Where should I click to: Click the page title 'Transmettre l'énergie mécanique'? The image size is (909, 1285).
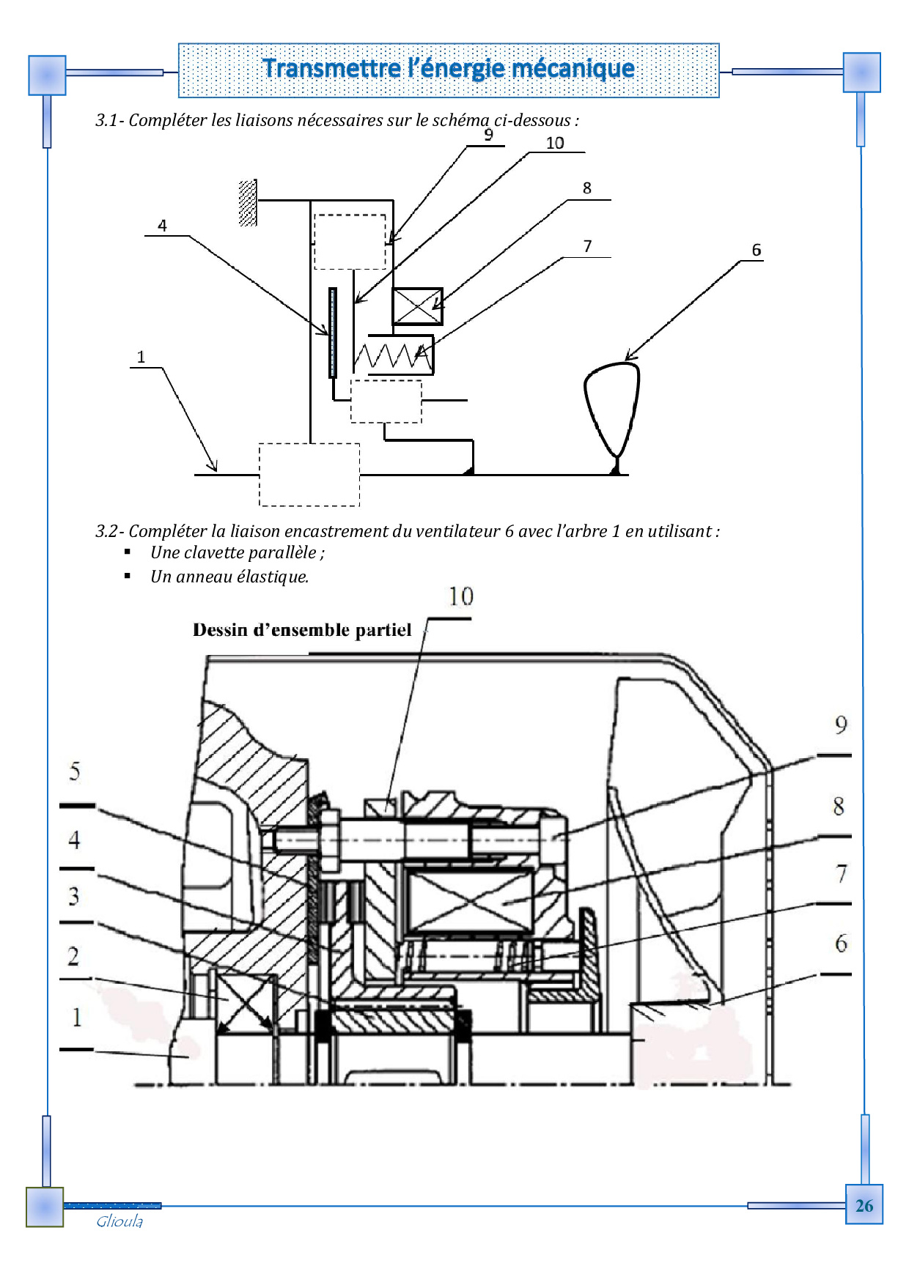click(x=449, y=68)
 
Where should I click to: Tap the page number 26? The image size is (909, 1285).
click(x=864, y=1206)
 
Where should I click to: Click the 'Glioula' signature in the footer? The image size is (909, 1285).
click(x=119, y=1221)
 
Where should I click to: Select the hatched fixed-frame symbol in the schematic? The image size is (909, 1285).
click(x=248, y=203)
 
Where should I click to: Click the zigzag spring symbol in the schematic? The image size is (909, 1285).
click(x=392, y=356)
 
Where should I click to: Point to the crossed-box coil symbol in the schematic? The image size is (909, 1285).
click(x=418, y=306)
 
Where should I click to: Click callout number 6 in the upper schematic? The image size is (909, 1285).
click(x=757, y=250)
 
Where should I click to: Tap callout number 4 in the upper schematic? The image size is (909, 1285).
click(x=162, y=226)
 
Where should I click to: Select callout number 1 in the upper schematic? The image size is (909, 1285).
click(x=141, y=357)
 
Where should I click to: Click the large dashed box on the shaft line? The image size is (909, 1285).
click(x=309, y=475)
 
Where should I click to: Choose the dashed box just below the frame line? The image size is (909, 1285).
click(x=350, y=242)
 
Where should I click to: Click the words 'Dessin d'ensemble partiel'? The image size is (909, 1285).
click(x=302, y=630)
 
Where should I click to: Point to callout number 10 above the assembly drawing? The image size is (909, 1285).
click(x=461, y=596)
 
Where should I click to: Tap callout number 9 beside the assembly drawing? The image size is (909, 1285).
click(x=841, y=725)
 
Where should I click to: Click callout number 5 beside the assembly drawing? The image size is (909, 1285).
click(x=75, y=771)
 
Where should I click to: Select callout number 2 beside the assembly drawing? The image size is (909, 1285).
click(x=73, y=956)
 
